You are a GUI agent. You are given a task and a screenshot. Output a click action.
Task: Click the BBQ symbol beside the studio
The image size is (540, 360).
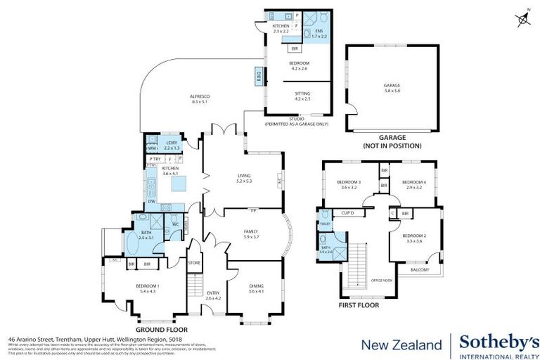point(259,75)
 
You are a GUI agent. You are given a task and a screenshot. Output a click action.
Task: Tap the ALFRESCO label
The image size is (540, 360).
point(200,96)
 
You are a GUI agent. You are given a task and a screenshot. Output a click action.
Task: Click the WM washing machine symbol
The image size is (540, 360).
point(152,148)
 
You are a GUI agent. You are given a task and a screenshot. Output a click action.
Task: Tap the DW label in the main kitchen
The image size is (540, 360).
point(152,201)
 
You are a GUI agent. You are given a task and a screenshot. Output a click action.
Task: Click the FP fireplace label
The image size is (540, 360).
point(252,210)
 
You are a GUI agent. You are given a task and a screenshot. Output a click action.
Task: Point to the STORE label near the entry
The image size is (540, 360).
point(194,263)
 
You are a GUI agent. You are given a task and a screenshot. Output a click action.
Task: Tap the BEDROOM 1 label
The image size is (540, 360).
point(148,287)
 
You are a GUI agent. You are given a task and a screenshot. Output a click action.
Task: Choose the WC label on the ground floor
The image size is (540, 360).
point(175,225)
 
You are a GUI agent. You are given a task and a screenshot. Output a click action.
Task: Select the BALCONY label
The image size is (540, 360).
point(420,268)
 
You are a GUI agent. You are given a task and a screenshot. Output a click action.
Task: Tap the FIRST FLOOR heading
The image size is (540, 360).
point(359,306)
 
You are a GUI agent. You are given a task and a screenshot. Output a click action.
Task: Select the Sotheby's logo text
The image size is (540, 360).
point(494,342)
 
